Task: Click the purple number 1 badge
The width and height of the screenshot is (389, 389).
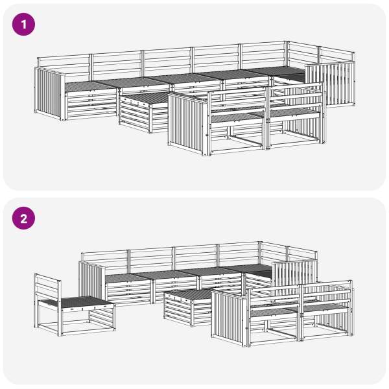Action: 23,25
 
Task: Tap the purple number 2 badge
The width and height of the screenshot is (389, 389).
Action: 23,218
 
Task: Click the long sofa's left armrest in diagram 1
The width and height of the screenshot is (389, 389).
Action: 50,93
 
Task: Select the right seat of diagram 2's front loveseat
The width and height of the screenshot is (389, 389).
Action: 325,309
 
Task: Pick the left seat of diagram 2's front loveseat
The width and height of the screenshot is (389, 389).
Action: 275,312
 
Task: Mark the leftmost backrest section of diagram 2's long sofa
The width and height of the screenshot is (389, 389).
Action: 104,259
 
